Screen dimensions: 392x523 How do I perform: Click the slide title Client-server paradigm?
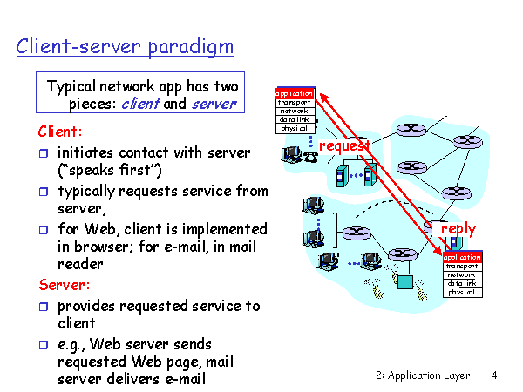(125, 45)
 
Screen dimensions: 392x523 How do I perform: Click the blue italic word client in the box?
(140, 104)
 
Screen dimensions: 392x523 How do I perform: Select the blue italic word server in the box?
(213, 104)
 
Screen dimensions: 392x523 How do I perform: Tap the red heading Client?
(60, 132)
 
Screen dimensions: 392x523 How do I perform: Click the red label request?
(344, 145)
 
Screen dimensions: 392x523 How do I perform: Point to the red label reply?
(458, 228)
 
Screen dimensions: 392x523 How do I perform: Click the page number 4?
(493, 375)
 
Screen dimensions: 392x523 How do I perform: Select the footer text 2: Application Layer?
(423, 375)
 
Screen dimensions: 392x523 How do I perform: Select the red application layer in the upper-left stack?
(295, 93)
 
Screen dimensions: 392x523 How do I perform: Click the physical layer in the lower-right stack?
(462, 292)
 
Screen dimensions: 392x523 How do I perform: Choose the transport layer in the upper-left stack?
(295, 102)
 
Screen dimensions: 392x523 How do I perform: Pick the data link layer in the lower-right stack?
(462, 283)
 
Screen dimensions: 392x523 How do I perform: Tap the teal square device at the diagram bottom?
(404, 280)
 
